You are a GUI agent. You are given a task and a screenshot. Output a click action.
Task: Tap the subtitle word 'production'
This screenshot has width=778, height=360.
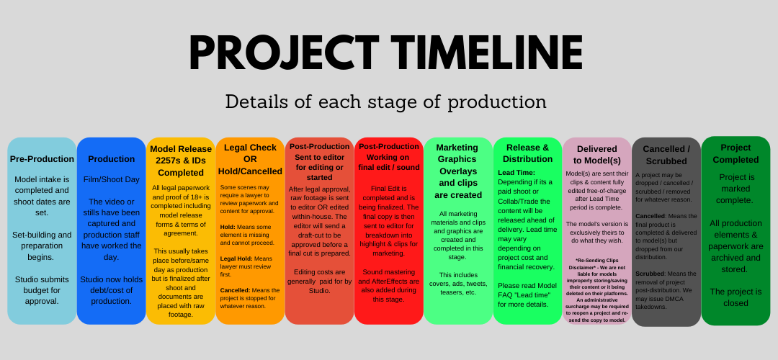pyautogui.click(x=497, y=102)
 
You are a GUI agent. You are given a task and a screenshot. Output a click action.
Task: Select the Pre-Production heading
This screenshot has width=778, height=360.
pyautogui.click(x=43, y=159)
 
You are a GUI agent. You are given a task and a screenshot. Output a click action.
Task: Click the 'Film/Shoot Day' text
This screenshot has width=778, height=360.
pyautogui.click(x=112, y=179)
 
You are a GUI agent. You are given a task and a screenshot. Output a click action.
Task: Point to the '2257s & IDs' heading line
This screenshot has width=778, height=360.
pyautogui.click(x=181, y=161)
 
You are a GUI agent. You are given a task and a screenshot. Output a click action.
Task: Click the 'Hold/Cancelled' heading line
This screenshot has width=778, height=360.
pyautogui.click(x=250, y=171)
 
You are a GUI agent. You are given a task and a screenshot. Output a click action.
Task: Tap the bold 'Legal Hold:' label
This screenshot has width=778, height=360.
pyautogui.click(x=236, y=258)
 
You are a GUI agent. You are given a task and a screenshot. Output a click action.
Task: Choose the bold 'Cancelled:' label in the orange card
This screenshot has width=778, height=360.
pyautogui.click(x=236, y=290)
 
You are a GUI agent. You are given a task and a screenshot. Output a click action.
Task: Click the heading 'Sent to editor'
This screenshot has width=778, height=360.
pyautogui.click(x=320, y=157)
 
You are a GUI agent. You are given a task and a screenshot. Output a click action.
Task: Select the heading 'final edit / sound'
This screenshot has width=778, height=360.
pyautogui.click(x=389, y=168)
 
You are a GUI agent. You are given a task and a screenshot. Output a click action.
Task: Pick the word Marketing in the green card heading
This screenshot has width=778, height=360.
pyautogui.click(x=457, y=148)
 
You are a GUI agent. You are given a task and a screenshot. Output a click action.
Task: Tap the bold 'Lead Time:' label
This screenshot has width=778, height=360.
pyautogui.click(x=517, y=173)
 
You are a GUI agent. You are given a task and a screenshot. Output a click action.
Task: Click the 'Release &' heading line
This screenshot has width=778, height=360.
pyautogui.click(x=527, y=148)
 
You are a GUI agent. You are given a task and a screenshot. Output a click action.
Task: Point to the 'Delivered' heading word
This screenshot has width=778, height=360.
pyautogui.click(x=597, y=149)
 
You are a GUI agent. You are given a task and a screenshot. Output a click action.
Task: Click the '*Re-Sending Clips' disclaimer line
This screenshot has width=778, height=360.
pyautogui.click(x=597, y=261)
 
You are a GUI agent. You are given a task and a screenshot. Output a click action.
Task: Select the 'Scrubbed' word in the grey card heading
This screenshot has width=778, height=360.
pyautogui.click(x=666, y=161)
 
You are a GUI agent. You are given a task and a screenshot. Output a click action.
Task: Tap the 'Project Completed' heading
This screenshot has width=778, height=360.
pyautogui.click(x=735, y=153)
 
